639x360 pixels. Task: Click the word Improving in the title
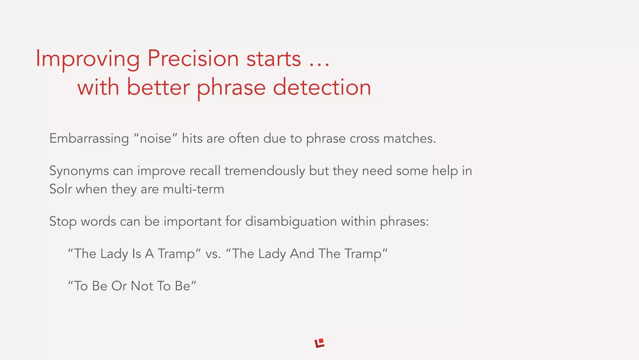point(88,59)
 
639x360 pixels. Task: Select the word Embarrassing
point(89,138)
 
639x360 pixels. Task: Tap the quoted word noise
point(155,138)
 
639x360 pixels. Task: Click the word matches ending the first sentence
point(409,138)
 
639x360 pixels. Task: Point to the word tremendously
point(265,171)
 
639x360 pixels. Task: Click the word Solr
point(61,189)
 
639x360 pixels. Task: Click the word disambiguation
point(291,222)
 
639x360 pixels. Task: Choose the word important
point(193,222)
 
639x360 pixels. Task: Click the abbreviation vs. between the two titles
point(213,254)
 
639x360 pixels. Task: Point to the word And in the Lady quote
point(302,253)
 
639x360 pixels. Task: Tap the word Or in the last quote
point(119,286)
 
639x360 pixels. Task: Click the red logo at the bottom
point(319,343)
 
